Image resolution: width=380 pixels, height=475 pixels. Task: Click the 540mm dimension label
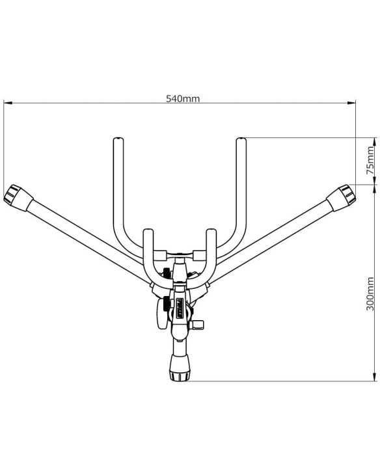click(x=183, y=98)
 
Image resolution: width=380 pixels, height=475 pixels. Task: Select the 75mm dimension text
click(x=370, y=160)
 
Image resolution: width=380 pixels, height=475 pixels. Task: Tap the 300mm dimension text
click(x=370, y=293)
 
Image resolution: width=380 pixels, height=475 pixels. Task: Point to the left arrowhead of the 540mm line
click(x=8, y=103)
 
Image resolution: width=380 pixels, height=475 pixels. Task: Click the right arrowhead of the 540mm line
click(x=351, y=103)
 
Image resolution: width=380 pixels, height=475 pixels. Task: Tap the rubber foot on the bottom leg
click(x=180, y=368)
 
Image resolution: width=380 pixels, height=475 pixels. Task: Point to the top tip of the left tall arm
click(x=118, y=139)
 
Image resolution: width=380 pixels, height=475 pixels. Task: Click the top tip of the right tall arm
click(x=241, y=139)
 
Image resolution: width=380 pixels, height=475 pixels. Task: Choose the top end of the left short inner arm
click(x=148, y=231)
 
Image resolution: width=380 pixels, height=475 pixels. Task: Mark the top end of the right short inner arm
click(x=211, y=231)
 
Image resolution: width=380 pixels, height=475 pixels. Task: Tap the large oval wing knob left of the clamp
click(x=161, y=314)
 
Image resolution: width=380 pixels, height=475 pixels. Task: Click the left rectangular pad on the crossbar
click(x=160, y=255)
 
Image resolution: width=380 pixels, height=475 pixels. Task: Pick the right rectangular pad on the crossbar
click(x=199, y=255)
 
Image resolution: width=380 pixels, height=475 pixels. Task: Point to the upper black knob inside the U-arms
click(x=166, y=273)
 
